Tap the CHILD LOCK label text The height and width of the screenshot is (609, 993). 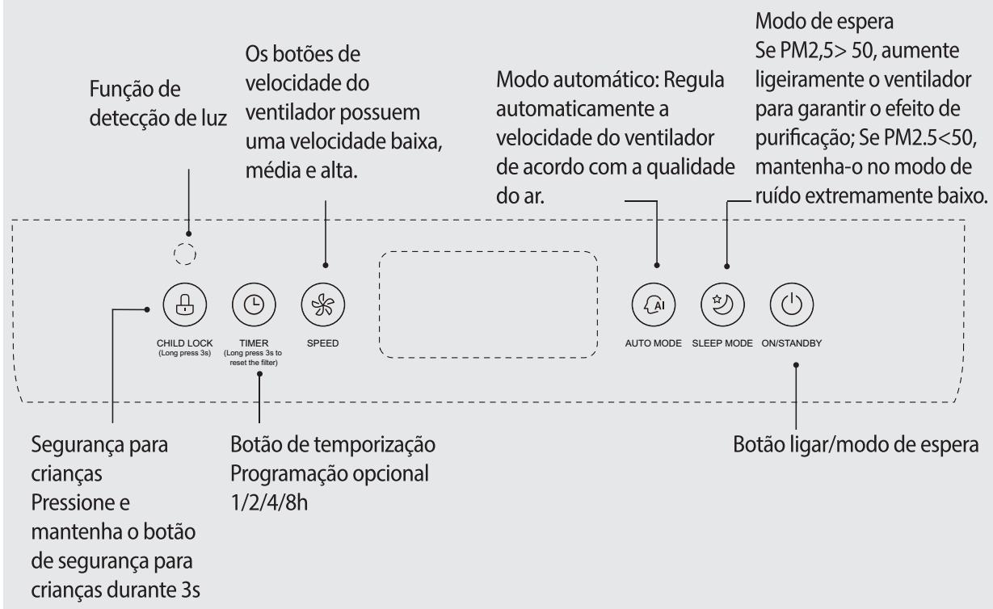184,343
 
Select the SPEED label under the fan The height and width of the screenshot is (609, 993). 322,343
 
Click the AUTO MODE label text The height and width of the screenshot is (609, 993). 654,343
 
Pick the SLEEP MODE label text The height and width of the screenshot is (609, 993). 722,343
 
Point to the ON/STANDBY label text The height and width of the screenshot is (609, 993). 792,343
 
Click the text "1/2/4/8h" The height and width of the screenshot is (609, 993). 269,503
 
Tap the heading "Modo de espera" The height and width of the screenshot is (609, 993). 825,21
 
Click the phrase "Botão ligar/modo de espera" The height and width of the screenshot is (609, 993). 856,444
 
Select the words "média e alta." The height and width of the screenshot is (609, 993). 301,170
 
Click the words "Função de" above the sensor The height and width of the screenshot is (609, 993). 135,89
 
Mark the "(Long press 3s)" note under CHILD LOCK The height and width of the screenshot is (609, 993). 184,353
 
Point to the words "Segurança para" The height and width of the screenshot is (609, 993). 99,445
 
